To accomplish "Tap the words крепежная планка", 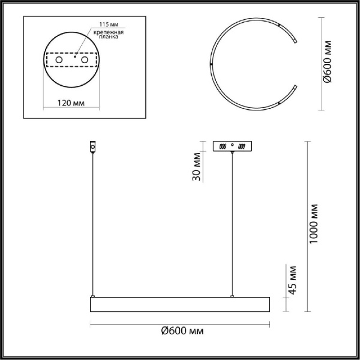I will coord(103,34).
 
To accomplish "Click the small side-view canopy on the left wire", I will coord(92,146).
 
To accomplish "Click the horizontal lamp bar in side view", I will coord(180,304).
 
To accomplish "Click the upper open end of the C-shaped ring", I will coord(296,41).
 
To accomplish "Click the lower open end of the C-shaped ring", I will coord(296,88).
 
